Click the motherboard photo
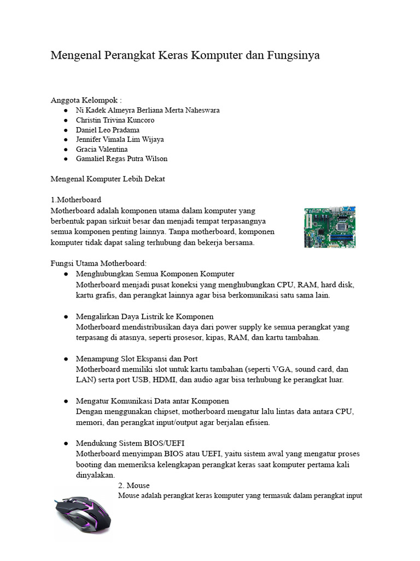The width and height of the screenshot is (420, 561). [330, 227]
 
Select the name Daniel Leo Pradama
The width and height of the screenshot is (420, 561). [108, 130]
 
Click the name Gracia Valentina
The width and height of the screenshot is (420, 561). [102, 149]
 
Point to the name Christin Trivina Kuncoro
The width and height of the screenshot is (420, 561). [115, 120]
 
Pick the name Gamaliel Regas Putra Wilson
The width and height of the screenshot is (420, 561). [121, 159]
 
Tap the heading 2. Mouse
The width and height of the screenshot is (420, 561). [134, 486]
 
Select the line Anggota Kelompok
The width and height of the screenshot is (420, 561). [86, 100]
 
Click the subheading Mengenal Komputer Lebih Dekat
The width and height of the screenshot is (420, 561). [107, 179]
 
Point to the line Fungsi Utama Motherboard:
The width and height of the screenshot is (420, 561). [98, 264]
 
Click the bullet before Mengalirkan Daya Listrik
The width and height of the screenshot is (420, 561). [66, 317]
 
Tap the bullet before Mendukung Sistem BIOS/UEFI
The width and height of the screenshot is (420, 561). [66, 443]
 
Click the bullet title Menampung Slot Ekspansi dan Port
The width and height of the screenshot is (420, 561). [136, 359]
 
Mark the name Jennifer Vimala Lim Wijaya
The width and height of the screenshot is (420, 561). [120, 139]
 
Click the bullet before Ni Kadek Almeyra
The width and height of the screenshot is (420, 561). [66, 110]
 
